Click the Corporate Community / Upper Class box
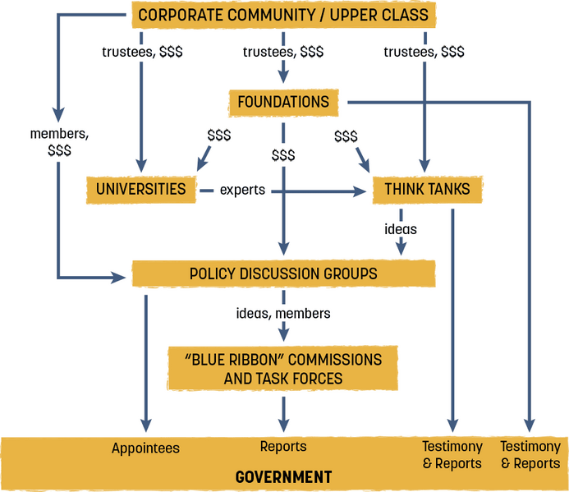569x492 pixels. pos(282,15)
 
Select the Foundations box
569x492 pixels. pos(282,103)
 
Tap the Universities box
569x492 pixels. pos(140,189)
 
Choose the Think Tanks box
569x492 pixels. pos(427,189)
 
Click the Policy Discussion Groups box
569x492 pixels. pos(282,274)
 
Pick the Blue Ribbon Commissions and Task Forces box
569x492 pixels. pos(282,369)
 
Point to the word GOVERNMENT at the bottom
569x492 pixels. pos(283,476)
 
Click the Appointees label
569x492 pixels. pos(145,448)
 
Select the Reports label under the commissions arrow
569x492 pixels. pos(283,447)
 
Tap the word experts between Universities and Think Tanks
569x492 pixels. pos(242,190)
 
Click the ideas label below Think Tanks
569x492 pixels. pos(401,229)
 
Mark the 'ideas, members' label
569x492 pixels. pos(283,313)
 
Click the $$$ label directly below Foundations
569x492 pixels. pos(283,154)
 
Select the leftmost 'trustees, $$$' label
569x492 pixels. pos(142,51)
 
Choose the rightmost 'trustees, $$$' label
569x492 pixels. pos(424,51)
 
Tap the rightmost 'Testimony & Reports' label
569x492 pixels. pos(530,454)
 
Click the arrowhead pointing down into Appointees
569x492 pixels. pos(145,426)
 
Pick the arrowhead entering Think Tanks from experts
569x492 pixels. pos(359,190)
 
